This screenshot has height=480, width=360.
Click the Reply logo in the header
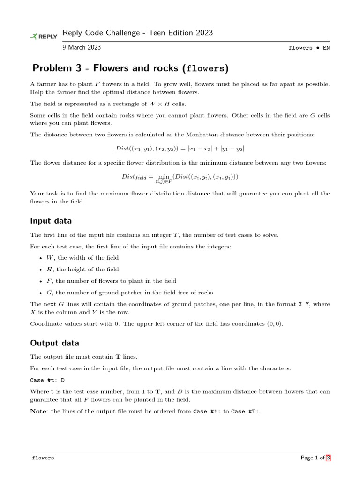click(44, 37)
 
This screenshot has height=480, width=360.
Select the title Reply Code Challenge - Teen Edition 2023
click(137, 33)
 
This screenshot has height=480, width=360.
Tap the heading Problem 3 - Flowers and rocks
click(130, 69)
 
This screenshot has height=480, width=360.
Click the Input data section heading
click(51, 220)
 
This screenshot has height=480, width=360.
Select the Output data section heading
click(54, 343)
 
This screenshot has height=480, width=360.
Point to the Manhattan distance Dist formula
click(180, 148)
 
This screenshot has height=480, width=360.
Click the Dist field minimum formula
click(180, 177)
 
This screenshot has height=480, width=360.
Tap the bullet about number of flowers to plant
click(111, 281)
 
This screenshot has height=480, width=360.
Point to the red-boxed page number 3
click(328, 457)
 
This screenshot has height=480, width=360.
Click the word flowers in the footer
click(43, 457)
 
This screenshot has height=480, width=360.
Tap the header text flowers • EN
click(309, 48)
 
